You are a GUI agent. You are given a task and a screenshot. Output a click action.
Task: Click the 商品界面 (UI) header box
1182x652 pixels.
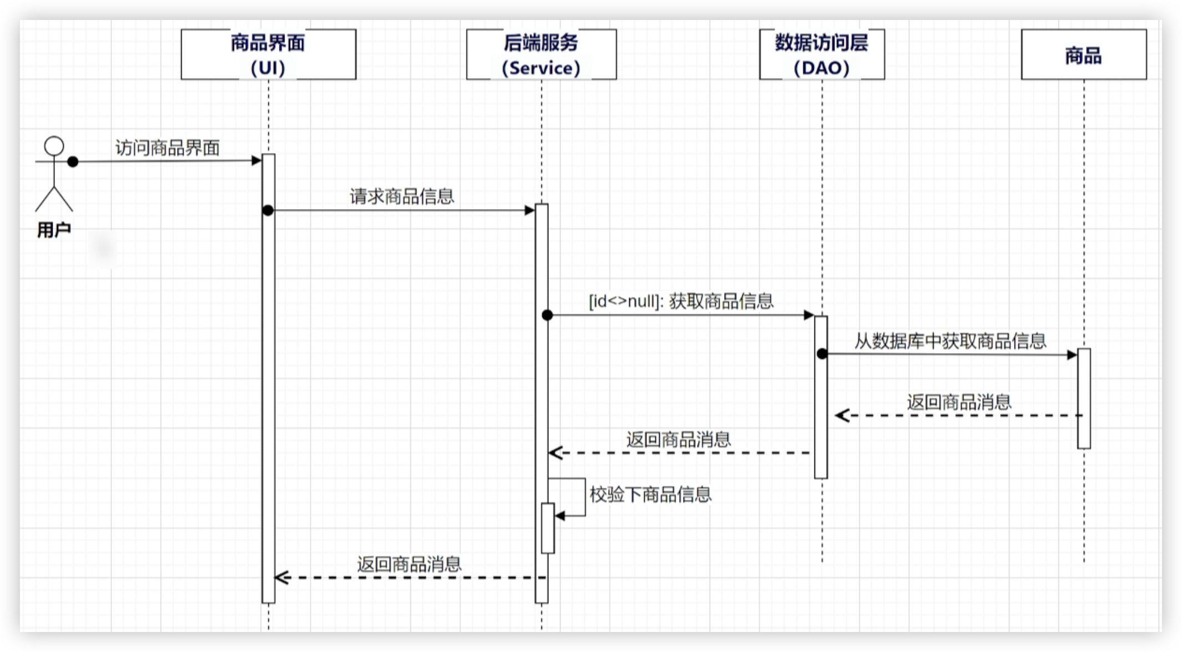tap(268, 54)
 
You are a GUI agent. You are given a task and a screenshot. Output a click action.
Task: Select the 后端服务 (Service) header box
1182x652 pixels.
tap(541, 54)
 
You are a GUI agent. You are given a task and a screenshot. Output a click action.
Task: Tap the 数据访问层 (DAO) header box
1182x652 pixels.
tap(822, 54)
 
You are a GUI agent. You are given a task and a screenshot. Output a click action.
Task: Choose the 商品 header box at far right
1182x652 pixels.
tap(1083, 54)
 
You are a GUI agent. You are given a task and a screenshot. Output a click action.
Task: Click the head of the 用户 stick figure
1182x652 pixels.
tap(54, 146)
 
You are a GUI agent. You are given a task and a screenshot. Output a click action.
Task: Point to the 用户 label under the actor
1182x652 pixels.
tap(54, 230)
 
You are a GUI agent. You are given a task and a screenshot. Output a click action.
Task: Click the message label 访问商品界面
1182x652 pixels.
tap(167, 147)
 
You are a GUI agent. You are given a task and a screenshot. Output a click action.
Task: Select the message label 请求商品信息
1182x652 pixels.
tap(402, 196)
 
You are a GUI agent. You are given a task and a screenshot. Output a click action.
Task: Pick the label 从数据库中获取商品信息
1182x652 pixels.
tap(950, 340)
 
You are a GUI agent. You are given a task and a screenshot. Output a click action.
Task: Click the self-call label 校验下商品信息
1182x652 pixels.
tap(650, 494)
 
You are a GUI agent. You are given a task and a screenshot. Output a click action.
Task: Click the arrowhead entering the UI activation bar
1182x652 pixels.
tap(257, 161)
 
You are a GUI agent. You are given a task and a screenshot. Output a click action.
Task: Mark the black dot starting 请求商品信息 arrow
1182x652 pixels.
tap(268, 211)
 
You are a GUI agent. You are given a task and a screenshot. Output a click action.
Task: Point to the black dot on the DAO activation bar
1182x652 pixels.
tap(822, 354)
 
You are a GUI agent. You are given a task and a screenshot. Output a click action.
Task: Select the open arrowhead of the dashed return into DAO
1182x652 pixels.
tap(842, 415)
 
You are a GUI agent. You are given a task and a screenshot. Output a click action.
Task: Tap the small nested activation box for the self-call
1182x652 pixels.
tap(548, 528)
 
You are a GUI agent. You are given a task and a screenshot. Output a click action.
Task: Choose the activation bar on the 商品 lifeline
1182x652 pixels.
tap(1084, 398)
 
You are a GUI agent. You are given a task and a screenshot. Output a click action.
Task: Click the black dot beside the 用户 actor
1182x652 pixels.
tap(73, 161)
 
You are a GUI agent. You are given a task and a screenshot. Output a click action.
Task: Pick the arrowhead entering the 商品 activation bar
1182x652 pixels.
tap(1072, 355)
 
